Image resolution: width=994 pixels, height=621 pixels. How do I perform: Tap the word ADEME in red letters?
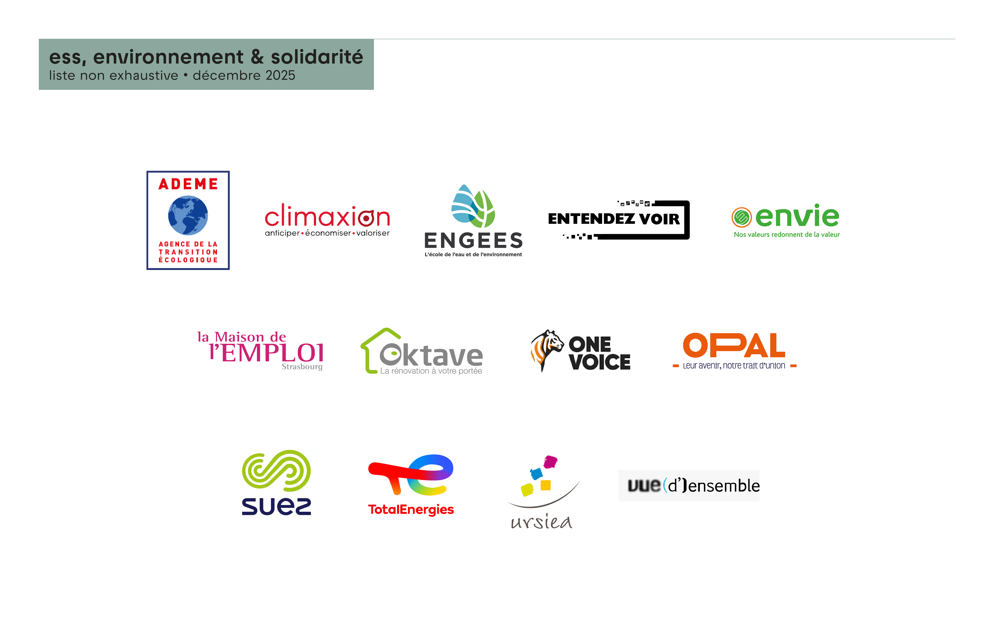[x=188, y=184]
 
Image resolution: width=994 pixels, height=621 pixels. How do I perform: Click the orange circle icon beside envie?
[x=741, y=217]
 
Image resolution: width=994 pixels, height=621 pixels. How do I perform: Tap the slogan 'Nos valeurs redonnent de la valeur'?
[x=787, y=235]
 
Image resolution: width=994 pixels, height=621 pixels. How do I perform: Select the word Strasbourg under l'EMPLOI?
[x=302, y=367]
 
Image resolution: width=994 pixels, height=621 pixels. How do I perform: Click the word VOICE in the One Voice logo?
[x=600, y=362]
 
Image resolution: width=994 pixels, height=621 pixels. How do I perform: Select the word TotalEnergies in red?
[x=411, y=510]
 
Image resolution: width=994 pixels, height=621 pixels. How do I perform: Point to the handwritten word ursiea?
[x=541, y=522]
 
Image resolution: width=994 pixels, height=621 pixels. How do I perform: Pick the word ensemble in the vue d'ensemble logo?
[x=724, y=486]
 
